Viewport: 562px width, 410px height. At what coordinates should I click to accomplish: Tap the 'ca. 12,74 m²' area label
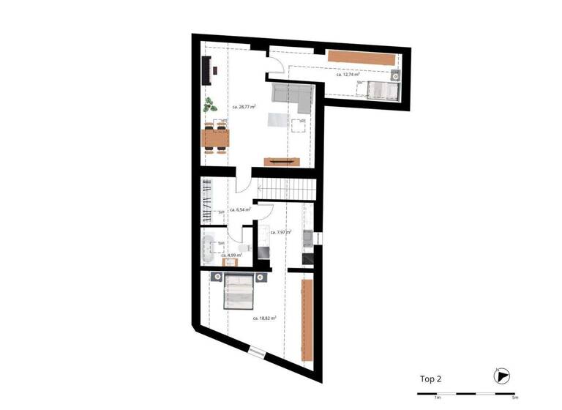tap(348, 75)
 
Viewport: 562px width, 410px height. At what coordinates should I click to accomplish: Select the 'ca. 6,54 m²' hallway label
tap(241, 210)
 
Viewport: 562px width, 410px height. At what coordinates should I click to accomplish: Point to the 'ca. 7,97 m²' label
tap(281, 232)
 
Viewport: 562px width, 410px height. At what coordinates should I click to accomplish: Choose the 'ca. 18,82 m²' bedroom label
tap(264, 318)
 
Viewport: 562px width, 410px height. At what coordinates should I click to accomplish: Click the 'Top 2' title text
tap(430, 379)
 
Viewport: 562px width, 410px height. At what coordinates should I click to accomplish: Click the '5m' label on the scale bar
tap(514, 398)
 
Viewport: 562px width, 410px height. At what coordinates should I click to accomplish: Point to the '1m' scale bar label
tap(437, 398)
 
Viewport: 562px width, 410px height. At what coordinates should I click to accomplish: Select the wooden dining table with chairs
tap(215, 137)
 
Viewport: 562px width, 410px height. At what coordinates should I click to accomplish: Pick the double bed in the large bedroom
tap(238, 291)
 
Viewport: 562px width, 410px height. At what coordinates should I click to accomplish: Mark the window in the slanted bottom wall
tap(258, 354)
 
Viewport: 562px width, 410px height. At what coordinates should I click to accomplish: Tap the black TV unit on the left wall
tap(206, 72)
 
